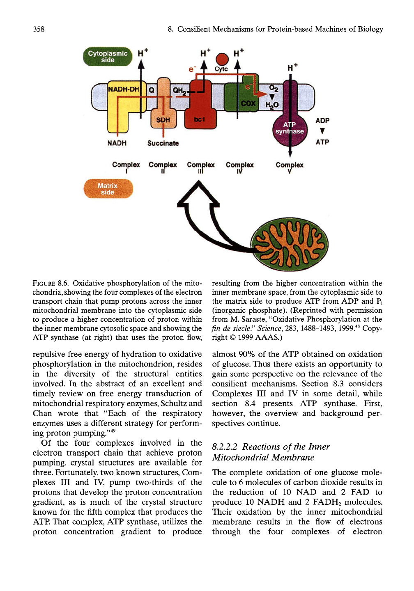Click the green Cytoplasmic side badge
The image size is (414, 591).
click(108, 57)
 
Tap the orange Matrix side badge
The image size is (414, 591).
click(108, 189)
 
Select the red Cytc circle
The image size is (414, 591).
click(222, 59)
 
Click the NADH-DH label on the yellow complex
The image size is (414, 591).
click(124, 89)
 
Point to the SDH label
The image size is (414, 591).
click(163, 120)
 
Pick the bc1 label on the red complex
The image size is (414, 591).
click(199, 119)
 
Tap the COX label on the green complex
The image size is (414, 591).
click(248, 103)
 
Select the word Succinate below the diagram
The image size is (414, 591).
click(163, 143)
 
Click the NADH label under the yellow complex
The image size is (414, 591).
click(117, 143)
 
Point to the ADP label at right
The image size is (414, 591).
click(322, 121)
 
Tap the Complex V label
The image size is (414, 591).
click(290, 168)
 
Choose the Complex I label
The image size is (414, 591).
click(126, 168)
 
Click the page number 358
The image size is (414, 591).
click(39, 29)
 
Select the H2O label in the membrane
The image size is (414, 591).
click(272, 105)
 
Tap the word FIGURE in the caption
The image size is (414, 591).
click(44, 284)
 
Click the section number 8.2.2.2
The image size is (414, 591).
click(225, 447)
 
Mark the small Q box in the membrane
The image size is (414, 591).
click(152, 90)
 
